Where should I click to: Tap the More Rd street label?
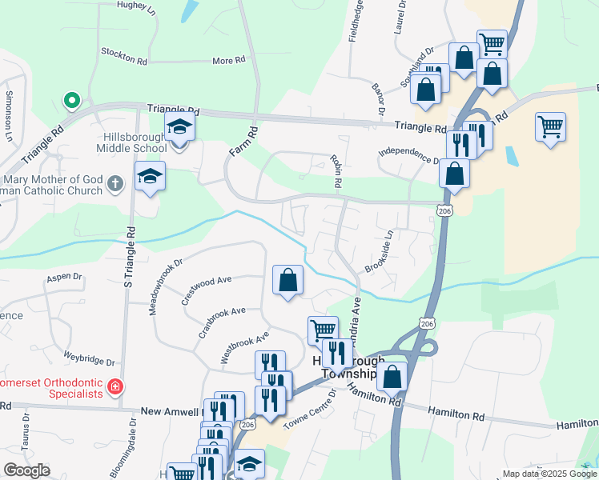point(228,61)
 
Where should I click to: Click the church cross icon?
point(115,183)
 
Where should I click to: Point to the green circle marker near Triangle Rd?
point(71,101)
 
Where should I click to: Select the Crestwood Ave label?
point(206,290)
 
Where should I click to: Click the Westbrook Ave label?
point(244,349)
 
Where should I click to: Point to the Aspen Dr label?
point(64,278)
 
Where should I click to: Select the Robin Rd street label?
point(337,171)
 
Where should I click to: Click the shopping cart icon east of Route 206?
point(550,126)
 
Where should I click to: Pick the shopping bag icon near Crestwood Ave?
point(287,280)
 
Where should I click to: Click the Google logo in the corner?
point(26,470)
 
